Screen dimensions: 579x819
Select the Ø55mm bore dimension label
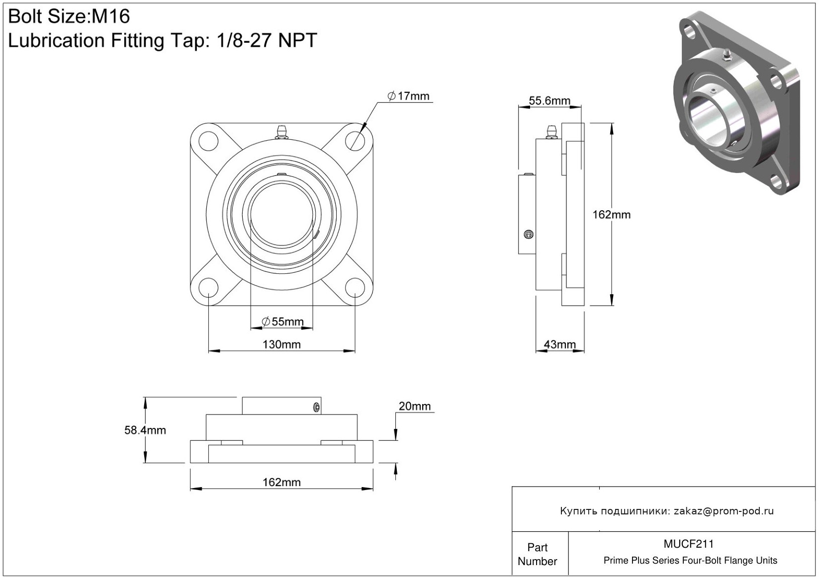[x=282, y=322]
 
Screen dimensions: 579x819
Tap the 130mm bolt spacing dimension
[x=281, y=344]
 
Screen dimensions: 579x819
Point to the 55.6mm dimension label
[x=549, y=101]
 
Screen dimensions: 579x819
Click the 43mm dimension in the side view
[x=559, y=344]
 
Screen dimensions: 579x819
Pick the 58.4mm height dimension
[x=145, y=430]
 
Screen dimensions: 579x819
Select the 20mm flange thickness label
[x=415, y=406]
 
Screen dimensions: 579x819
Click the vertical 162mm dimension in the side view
[x=611, y=215]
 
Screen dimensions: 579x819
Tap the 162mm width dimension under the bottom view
[x=281, y=482]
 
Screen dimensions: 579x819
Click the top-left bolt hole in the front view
[x=208, y=140]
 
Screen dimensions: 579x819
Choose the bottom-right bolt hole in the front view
[x=355, y=288]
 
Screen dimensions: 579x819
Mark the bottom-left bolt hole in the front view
[x=208, y=288]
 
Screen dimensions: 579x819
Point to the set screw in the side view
[x=529, y=234]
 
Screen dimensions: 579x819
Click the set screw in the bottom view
[x=316, y=408]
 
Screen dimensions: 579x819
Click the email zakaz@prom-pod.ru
[x=724, y=511]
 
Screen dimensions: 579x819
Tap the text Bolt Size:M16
[x=69, y=17]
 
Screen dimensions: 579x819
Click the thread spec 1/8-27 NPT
[x=267, y=41]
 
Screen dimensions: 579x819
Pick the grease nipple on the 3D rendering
[x=726, y=54]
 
